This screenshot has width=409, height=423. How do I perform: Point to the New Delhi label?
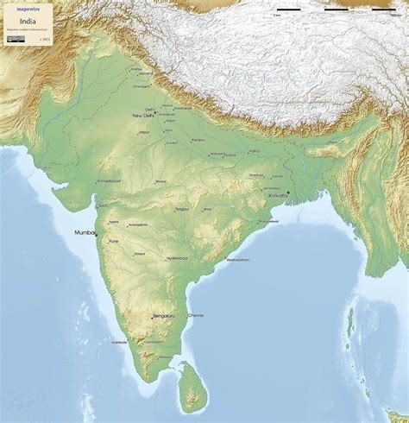[143, 115]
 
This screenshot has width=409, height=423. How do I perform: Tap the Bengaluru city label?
[163, 316]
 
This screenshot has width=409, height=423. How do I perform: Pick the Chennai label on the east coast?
[196, 315]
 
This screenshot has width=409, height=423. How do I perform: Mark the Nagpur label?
[182, 209]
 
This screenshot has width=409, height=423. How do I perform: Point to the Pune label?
[114, 241]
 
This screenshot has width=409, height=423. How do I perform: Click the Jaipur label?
[144, 133]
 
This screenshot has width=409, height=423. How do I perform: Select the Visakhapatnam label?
[238, 259]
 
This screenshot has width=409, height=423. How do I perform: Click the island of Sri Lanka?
[192, 388]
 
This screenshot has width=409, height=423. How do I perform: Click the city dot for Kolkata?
[287, 192]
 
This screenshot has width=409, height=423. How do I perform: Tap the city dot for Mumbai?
[96, 234]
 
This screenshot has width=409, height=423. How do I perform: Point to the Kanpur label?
[198, 140]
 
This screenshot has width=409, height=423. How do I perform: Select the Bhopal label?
[160, 181]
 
